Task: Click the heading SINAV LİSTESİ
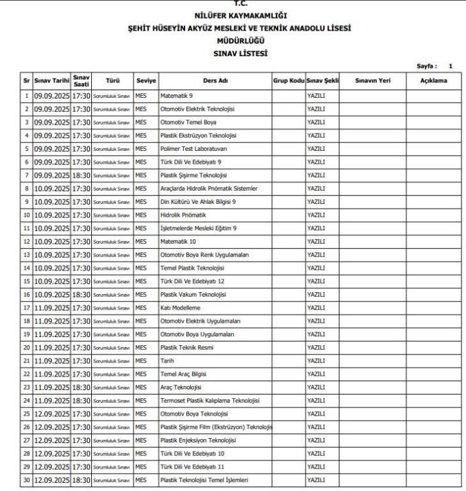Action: tap(241, 54)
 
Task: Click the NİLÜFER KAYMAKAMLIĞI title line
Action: tap(241, 15)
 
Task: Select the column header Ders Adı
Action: tap(214, 81)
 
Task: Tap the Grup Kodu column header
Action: tap(288, 81)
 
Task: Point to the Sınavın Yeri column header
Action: tap(372, 81)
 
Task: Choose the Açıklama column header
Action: tap(433, 81)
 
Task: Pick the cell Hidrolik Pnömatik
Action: tap(183, 215)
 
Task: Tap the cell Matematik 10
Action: tap(178, 242)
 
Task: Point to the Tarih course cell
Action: tap(167, 361)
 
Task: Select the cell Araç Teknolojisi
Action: tap(181, 387)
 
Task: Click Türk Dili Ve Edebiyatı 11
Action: tap(192, 467)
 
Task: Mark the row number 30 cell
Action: tap(27, 480)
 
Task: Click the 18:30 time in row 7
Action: tap(81, 175)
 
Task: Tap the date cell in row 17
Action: tap(51, 308)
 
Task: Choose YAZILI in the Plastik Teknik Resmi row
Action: tap(316, 348)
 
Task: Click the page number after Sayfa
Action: tap(450, 66)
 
